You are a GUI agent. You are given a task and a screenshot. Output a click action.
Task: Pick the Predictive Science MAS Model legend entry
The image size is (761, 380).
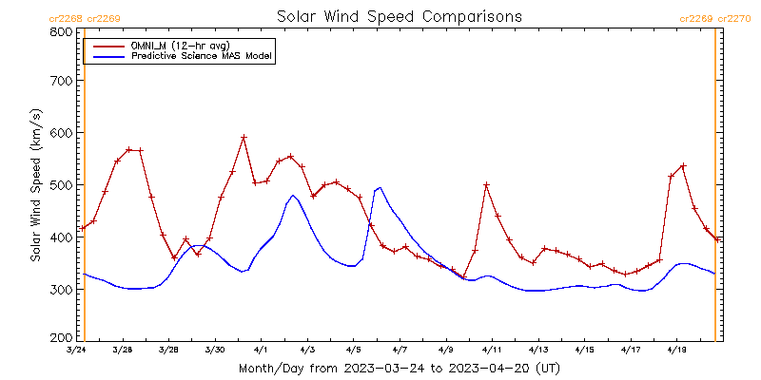tap(201, 57)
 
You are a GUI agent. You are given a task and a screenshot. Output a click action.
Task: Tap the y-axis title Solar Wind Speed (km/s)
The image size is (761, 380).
tap(36, 183)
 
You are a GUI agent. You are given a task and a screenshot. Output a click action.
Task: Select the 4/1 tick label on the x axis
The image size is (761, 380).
tap(261, 350)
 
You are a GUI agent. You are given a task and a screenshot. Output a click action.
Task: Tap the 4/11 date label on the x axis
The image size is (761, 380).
tap(492, 350)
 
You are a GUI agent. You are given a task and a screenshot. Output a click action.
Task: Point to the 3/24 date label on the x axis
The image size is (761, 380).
tap(76, 350)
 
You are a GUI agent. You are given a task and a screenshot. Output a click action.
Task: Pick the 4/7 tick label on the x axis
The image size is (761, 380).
tap(400, 350)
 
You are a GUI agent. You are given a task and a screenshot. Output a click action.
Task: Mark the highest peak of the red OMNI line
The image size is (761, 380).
tap(244, 138)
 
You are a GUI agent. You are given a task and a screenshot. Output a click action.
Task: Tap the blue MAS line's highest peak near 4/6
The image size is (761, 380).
tap(380, 187)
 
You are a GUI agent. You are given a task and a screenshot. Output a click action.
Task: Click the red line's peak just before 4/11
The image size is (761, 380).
tap(486, 185)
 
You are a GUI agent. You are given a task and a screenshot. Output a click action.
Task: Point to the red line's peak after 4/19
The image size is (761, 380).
tap(683, 166)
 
